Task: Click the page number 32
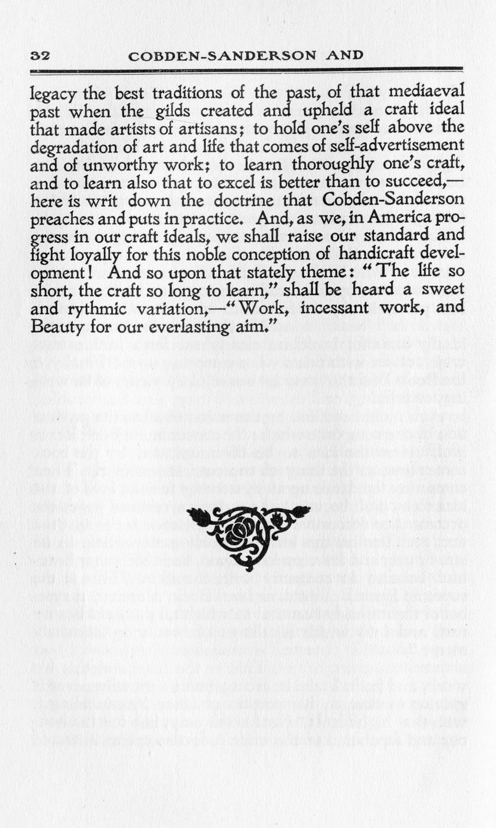click(x=40, y=56)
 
